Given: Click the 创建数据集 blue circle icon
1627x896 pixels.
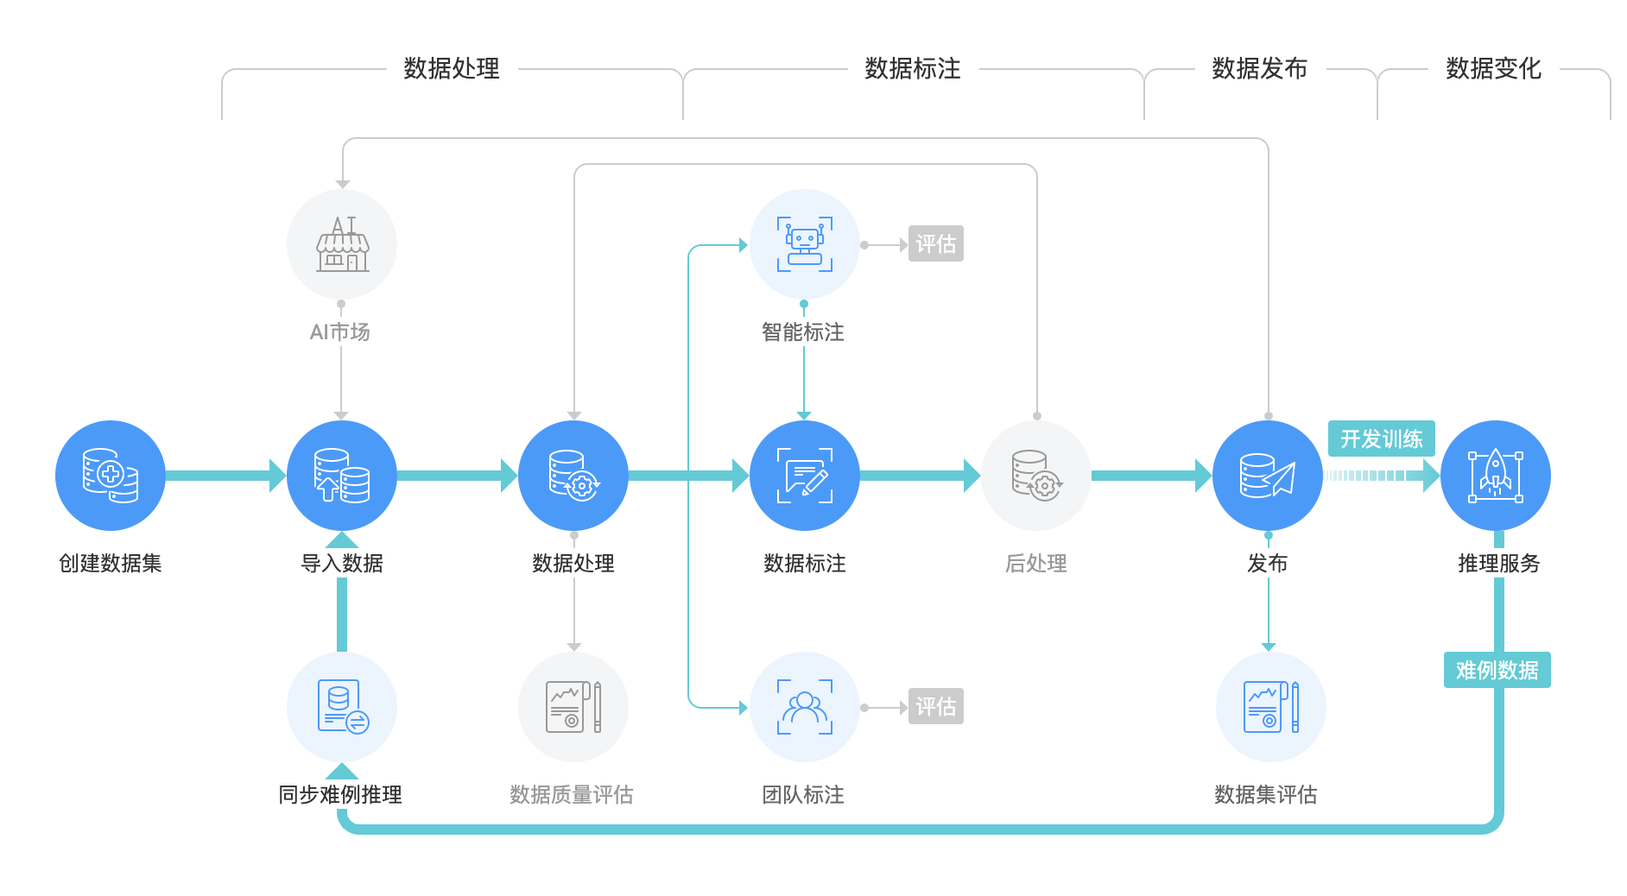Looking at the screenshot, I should coord(111,476).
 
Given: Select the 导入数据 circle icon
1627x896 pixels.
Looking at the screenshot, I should coord(342,476).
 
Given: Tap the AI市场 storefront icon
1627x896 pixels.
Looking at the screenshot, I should coord(342,244).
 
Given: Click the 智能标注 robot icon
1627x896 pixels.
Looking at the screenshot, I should coord(805,244).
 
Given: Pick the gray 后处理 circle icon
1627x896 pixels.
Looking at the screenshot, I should coord(1036,476).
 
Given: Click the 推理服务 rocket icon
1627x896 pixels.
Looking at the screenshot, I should coord(1496,476).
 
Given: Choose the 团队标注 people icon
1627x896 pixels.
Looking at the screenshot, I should coord(805,707).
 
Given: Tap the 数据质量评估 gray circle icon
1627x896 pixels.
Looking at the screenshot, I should coord(573,707).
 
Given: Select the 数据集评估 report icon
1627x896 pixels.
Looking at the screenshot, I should coord(1270,707).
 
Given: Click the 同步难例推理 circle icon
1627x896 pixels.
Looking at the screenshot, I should coord(342,707).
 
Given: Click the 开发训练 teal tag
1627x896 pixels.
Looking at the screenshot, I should coord(1381,439).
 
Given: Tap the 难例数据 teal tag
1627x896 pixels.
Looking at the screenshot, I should coord(1497,670).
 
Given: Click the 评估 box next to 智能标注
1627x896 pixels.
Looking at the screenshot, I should coord(936,244).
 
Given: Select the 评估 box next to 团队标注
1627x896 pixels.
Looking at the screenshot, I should coord(936,707).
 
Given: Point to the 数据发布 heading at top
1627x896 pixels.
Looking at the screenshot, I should coord(1259,68).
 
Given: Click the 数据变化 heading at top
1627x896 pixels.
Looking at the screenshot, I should coord(1493,68).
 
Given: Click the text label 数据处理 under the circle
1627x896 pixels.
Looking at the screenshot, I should coord(573,564).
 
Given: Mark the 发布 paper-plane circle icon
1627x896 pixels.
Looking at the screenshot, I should coord(1268,476).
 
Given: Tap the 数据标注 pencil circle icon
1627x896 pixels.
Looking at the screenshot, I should coord(805,476).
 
